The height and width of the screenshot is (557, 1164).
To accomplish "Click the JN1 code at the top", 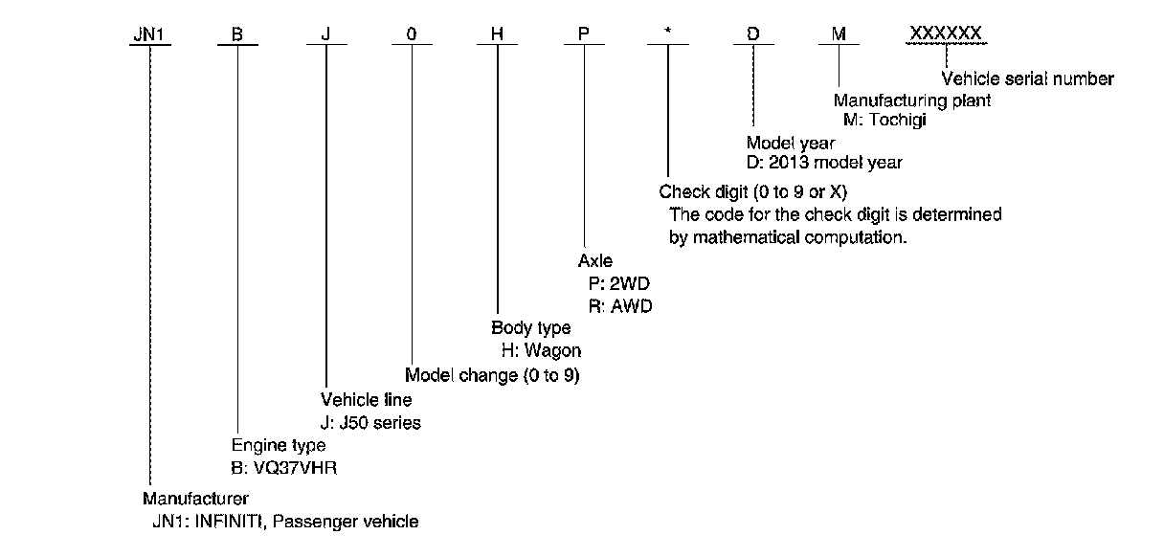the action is [149, 35].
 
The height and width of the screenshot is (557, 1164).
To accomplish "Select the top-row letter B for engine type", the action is [237, 35].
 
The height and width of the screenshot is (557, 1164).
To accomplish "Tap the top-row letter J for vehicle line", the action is [325, 35].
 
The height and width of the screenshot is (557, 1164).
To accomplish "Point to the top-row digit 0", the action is [412, 35].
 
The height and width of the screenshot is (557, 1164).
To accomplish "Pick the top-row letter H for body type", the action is [497, 35].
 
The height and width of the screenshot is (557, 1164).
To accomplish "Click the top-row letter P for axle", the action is [582, 35].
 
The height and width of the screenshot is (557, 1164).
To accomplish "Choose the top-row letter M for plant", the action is [839, 35].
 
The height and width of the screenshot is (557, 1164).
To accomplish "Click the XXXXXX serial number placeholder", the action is [946, 34].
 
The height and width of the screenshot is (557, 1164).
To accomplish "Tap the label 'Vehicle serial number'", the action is [1028, 79].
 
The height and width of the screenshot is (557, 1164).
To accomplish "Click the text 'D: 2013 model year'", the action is [824, 162].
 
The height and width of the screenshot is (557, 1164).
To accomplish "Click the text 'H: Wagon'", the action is [542, 350].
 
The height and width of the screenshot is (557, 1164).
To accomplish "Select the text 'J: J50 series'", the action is [370, 422].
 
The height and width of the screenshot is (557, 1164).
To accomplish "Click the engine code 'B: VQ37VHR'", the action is [285, 469].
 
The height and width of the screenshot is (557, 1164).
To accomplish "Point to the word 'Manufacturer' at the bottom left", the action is [195, 499].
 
